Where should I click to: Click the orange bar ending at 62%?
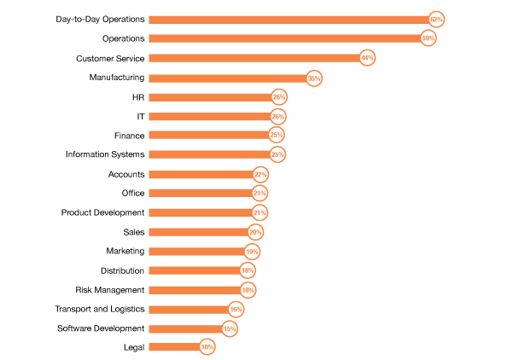288,20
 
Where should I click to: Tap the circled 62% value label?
436,20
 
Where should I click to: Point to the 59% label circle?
428,38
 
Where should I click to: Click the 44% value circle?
367,58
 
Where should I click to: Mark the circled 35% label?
314,78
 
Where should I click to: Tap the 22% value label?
260,175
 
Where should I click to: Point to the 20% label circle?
255,232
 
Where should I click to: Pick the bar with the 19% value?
196,252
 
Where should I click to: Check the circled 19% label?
252,252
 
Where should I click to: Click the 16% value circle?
236,310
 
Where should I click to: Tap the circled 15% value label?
229,329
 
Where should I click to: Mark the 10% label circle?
207,347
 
